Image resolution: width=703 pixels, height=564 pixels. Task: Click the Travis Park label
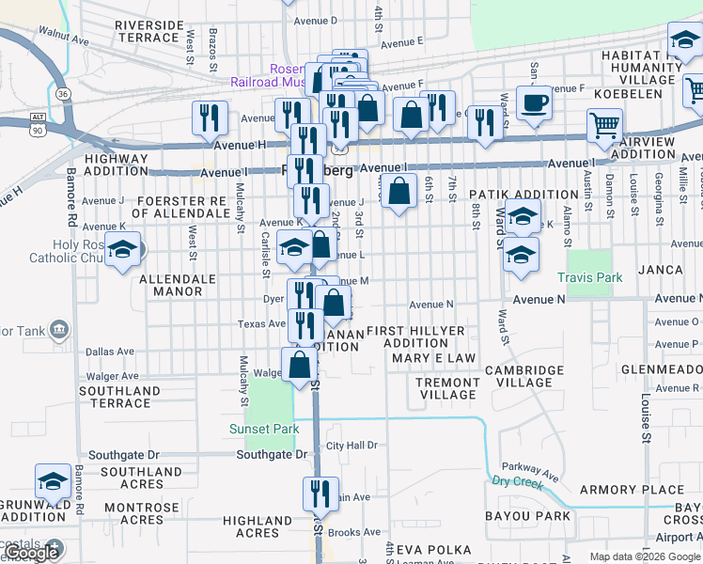[x=589, y=278]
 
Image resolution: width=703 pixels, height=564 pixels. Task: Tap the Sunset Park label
[x=264, y=430]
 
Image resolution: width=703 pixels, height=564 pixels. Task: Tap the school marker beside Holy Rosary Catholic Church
[x=122, y=251]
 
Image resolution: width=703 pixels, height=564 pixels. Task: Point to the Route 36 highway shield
[x=62, y=94]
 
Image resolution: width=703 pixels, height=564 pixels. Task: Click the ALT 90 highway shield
[x=38, y=120]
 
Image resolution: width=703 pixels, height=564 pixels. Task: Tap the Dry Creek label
[x=518, y=481]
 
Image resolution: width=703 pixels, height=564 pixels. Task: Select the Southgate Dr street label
[x=273, y=454]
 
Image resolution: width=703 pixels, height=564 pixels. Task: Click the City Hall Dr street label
[x=351, y=446]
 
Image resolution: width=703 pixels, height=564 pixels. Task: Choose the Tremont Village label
[x=448, y=388]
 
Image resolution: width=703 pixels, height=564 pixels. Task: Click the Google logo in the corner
[x=31, y=553]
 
